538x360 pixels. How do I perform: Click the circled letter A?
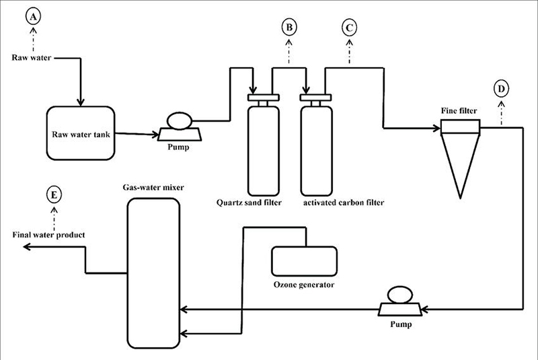pos(33,16)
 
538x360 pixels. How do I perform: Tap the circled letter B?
pos(289,28)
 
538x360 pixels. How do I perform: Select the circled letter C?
pos(349,28)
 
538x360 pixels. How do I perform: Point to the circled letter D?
pos(501,89)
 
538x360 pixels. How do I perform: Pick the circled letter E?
pos(54,195)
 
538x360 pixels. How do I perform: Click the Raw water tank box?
pos(81,133)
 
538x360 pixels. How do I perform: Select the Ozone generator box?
pos(304,261)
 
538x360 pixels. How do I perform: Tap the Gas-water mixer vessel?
pos(153,273)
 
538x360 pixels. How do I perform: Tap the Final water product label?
pos(48,235)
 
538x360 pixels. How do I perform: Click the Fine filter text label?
pos(459,110)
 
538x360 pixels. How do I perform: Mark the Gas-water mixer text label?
pos(153,187)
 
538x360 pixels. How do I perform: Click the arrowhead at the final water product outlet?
pos(27,247)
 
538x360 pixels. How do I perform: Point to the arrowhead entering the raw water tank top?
pos(81,102)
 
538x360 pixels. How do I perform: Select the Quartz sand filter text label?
pos(249,203)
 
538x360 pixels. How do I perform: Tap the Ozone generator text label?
pos(304,285)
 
